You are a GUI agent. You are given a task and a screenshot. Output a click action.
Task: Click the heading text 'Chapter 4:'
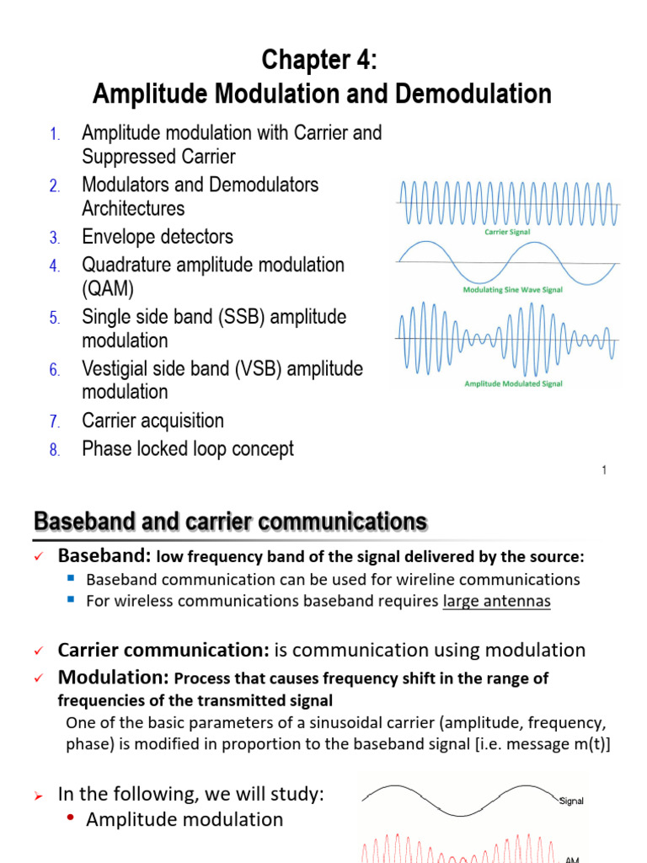tap(321, 60)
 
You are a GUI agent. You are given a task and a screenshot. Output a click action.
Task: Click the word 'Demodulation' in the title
tap(473, 94)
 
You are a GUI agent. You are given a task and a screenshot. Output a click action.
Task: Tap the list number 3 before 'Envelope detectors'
tap(53, 238)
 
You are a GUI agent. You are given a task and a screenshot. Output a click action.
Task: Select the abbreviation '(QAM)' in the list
tap(108, 289)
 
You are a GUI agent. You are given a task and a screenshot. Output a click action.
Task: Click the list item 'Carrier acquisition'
tap(152, 421)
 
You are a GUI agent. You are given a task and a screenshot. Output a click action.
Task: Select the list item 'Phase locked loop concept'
tap(188, 449)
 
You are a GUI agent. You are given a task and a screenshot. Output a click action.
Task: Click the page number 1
tap(604, 470)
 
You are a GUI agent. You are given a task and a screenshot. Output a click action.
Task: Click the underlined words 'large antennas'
tap(496, 602)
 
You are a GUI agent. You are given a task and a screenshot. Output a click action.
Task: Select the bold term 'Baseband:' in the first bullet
tap(104, 557)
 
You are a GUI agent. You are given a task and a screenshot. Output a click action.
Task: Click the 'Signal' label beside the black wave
tap(572, 801)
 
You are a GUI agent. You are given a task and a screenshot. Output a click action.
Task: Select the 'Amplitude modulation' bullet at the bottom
tap(184, 819)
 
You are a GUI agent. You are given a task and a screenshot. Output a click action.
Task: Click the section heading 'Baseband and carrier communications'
tap(229, 522)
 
